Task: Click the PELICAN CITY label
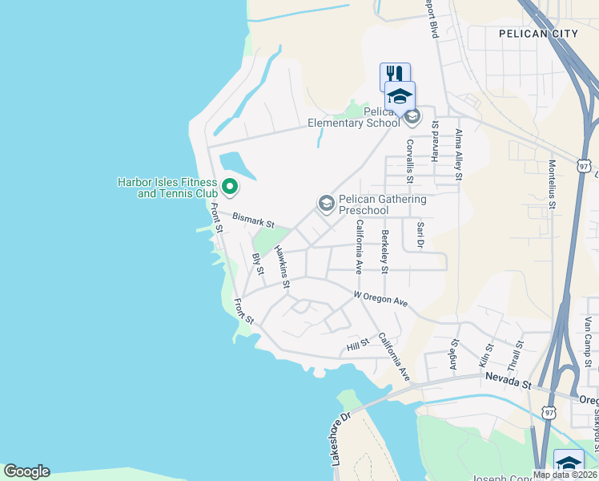(x=537, y=34)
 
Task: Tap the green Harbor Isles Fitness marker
(x=230, y=188)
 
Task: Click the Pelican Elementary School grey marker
(x=412, y=118)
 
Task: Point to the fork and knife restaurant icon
(x=394, y=75)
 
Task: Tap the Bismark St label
(x=253, y=218)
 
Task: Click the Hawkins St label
(x=281, y=267)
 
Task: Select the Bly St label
(x=258, y=264)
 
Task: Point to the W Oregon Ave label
(x=380, y=299)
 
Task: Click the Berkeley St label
(x=385, y=249)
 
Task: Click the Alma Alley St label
(x=460, y=155)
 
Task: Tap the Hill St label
(x=357, y=345)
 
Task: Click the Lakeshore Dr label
(x=341, y=439)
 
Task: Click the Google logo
(x=26, y=471)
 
